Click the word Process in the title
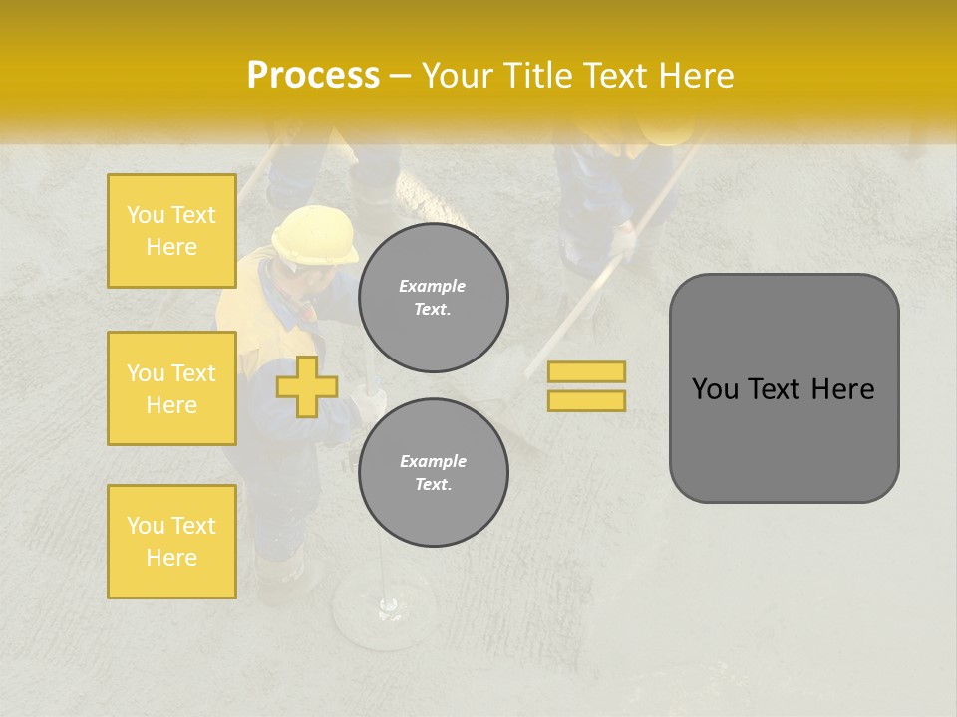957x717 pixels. pyautogui.click(x=313, y=76)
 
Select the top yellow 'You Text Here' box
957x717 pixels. pyautogui.click(x=171, y=231)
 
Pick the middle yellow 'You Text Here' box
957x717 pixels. pyautogui.click(x=171, y=388)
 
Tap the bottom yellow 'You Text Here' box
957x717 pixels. pyautogui.click(x=171, y=542)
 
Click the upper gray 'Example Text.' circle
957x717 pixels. pyautogui.click(x=433, y=298)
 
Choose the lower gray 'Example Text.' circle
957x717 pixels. pyautogui.click(x=433, y=473)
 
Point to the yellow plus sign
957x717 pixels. pyautogui.click(x=307, y=386)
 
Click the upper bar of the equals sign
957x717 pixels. pyautogui.click(x=586, y=371)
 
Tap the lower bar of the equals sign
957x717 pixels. pyautogui.click(x=586, y=400)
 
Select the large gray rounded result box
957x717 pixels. pyautogui.click(x=784, y=388)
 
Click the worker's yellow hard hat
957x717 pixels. pyautogui.click(x=315, y=235)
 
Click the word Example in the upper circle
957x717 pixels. pyautogui.click(x=433, y=286)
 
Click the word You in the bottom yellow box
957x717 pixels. pyautogui.click(x=146, y=526)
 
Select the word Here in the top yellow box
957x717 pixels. pyautogui.click(x=171, y=247)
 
